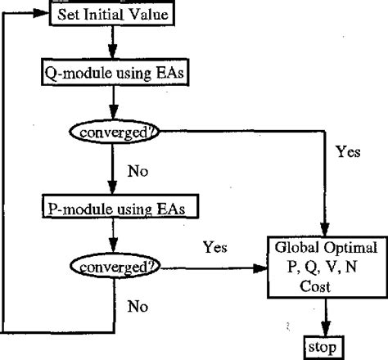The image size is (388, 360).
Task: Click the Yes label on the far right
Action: [x=349, y=151]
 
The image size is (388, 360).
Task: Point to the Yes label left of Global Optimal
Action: [x=214, y=245]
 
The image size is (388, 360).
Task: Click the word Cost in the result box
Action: [x=326, y=282]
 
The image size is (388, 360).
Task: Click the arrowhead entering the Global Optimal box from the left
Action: [x=264, y=266]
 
